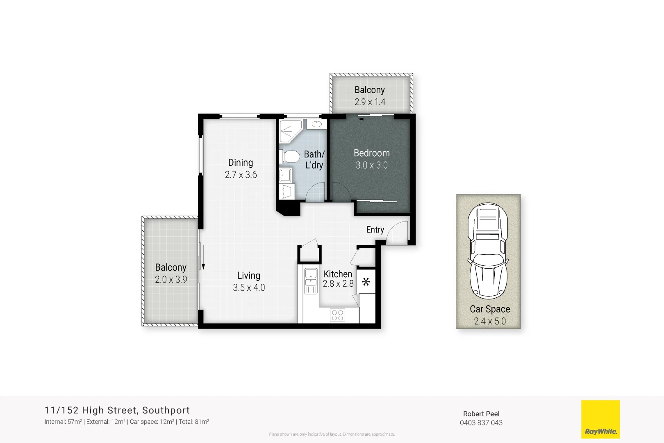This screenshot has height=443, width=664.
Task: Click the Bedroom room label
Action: click(x=371, y=153)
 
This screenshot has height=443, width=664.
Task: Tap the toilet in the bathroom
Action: click(x=290, y=157)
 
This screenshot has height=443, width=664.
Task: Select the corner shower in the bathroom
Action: click(x=289, y=130)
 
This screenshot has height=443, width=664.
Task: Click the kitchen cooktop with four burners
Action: click(x=338, y=315)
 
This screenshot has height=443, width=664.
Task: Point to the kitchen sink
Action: click(x=311, y=277)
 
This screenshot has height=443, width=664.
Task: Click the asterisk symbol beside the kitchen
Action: click(x=366, y=282)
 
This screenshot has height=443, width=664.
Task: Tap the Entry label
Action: click(x=375, y=230)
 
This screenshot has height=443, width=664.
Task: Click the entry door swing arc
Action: click(x=397, y=233)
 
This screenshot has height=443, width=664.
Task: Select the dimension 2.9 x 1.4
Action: click(x=370, y=102)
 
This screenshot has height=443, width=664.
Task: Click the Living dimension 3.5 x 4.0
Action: click(x=249, y=288)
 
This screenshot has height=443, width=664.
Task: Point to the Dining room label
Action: click(x=241, y=163)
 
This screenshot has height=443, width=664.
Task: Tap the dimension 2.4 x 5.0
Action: click(x=490, y=321)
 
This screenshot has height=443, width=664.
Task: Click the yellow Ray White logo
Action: click(x=600, y=419)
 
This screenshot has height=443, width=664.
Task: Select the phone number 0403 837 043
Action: click(x=481, y=423)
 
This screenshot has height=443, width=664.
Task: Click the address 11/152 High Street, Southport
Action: click(x=117, y=410)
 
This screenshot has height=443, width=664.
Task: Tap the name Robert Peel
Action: click(x=481, y=414)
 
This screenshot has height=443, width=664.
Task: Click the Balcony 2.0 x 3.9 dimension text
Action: click(x=171, y=279)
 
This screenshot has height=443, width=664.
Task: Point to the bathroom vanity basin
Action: click(x=316, y=124)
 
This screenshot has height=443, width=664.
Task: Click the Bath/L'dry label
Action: click(x=314, y=160)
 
